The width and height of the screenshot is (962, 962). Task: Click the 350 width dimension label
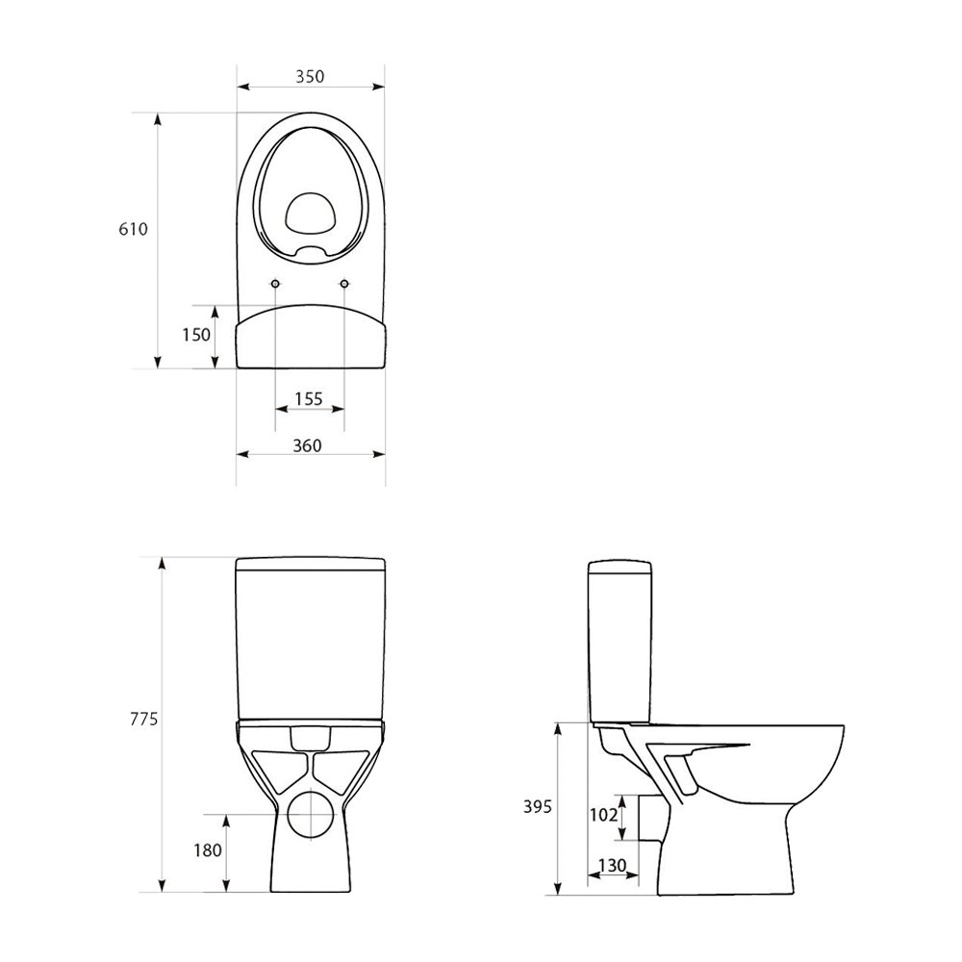coord(310,76)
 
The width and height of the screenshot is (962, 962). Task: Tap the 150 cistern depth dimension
coord(197,335)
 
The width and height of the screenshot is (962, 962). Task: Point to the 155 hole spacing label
coord(309,398)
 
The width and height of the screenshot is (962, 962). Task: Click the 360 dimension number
coord(308,444)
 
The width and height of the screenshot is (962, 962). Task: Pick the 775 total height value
coord(142,719)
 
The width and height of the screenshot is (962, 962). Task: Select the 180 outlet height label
coord(207,849)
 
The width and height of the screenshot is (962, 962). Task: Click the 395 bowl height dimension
coord(539,806)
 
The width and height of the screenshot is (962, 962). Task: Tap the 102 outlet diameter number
coord(603,815)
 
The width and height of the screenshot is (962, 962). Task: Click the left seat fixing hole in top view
coord(275,285)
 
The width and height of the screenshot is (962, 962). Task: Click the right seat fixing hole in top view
coord(344,285)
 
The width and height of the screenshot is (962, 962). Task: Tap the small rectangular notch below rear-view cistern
coord(310,738)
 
